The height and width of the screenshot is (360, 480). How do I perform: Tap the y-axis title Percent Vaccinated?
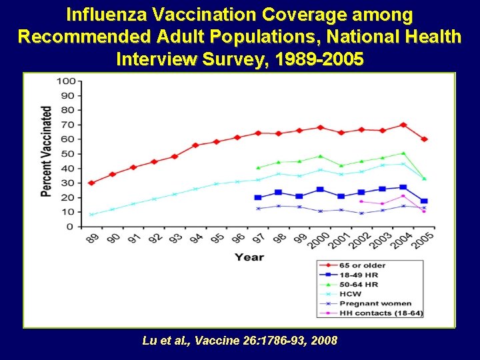click(47, 151)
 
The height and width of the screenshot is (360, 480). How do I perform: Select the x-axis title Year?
click(249, 257)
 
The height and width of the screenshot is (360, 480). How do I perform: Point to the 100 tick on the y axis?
click(65, 81)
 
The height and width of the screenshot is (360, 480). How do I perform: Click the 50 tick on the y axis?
click(68, 154)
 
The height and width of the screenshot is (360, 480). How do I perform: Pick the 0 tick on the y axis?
click(71, 227)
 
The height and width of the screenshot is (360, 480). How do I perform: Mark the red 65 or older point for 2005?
click(424, 139)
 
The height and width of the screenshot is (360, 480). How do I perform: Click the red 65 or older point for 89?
click(91, 183)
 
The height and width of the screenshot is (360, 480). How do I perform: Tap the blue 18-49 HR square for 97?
click(258, 197)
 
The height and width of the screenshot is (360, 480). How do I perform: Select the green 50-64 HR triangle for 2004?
click(403, 153)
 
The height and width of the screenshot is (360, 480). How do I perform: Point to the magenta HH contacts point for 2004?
click(403, 196)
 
